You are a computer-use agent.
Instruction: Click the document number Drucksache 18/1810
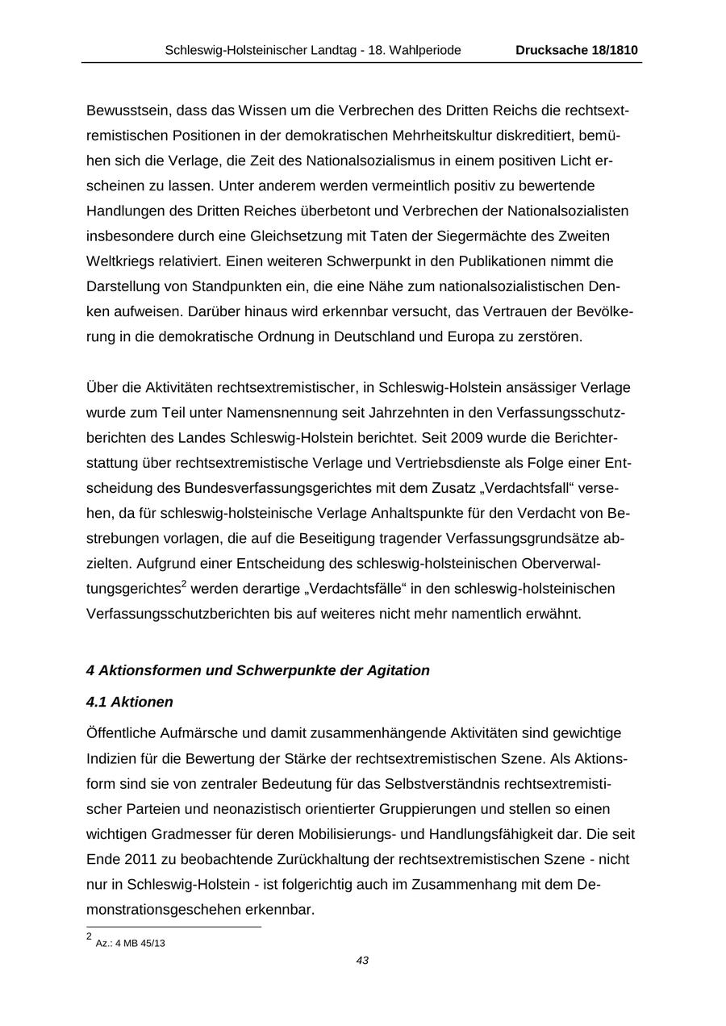click(577, 50)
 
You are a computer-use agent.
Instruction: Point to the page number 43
click(362, 961)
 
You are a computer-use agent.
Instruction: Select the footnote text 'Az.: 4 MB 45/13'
click(130, 943)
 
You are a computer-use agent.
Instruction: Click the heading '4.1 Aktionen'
click(129, 702)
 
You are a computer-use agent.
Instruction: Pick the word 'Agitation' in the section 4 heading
click(399, 670)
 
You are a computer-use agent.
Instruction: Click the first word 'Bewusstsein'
click(127, 111)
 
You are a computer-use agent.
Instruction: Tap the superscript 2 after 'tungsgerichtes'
click(184, 584)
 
